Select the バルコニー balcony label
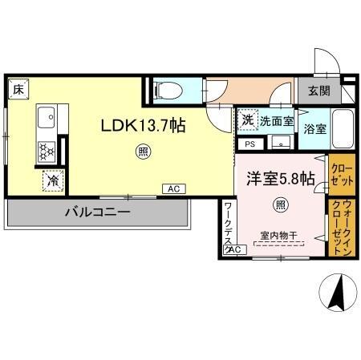pyautogui.click(x=97, y=212)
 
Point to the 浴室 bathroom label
pyautogui.click(x=314, y=127)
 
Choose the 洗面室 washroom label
pyautogui.click(x=275, y=121)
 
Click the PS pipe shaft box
pyautogui.click(x=249, y=144)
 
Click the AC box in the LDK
pyautogui.click(x=172, y=189)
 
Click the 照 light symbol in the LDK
pyautogui.click(x=141, y=150)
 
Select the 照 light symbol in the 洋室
pyautogui.click(x=281, y=203)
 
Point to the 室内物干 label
pyautogui.click(x=278, y=235)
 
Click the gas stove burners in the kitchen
pyautogui.click(x=46, y=149)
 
